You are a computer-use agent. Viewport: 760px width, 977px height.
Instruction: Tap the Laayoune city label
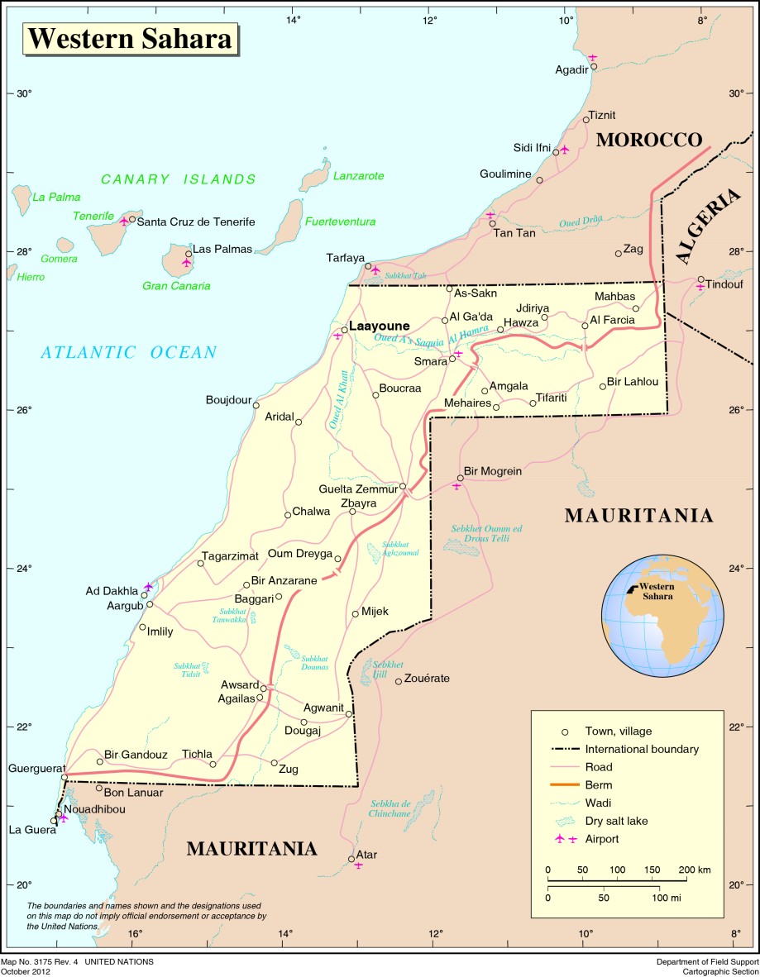379,326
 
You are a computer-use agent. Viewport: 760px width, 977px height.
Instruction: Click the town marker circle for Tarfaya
368,266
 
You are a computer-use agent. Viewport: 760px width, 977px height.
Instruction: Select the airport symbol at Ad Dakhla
148,586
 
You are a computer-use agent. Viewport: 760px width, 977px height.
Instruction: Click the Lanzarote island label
358,176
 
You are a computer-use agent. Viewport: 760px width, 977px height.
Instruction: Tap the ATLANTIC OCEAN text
129,353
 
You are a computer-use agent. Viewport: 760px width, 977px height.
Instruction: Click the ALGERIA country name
707,227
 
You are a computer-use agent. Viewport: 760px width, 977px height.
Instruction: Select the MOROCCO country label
648,140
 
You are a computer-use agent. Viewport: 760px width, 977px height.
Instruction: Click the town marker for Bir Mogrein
461,478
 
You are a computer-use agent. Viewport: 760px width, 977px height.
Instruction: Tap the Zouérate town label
428,679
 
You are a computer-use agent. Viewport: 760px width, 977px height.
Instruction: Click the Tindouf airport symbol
700,287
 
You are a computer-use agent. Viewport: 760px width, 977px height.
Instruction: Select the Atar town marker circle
351,858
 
